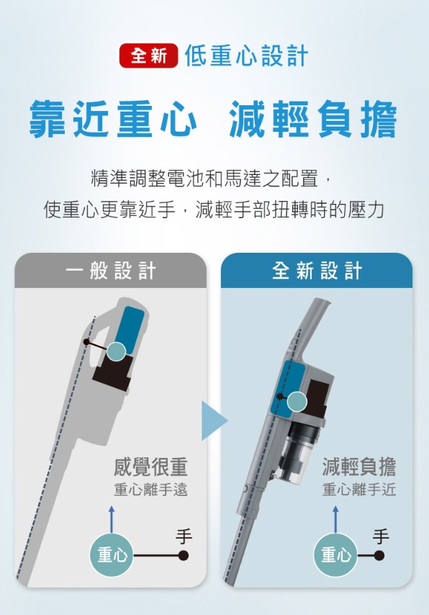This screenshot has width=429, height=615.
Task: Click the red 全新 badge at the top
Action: (148, 55)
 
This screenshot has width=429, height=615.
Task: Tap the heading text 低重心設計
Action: (246, 55)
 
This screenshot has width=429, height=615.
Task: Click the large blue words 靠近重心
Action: (113, 119)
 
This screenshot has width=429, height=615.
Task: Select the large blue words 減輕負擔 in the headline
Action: (313, 119)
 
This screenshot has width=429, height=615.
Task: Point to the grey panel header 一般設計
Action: (111, 271)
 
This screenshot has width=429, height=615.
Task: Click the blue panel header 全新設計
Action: (317, 271)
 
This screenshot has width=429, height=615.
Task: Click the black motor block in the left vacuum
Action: (113, 372)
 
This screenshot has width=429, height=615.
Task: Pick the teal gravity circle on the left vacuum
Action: (117, 351)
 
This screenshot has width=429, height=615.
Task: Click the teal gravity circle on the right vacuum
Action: (297, 402)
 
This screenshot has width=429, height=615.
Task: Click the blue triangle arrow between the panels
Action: (214, 421)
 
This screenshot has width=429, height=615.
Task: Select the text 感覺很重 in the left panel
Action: (150, 467)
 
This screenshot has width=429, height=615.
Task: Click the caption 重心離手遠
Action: (150, 490)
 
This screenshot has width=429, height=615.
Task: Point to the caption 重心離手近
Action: (358, 490)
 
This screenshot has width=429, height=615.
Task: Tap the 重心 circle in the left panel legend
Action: (112, 555)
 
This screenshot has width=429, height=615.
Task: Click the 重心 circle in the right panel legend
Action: (335, 555)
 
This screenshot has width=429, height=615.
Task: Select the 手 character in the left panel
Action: (184, 537)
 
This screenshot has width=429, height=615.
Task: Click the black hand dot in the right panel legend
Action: (379, 555)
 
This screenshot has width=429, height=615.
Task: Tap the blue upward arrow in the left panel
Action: (112, 519)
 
